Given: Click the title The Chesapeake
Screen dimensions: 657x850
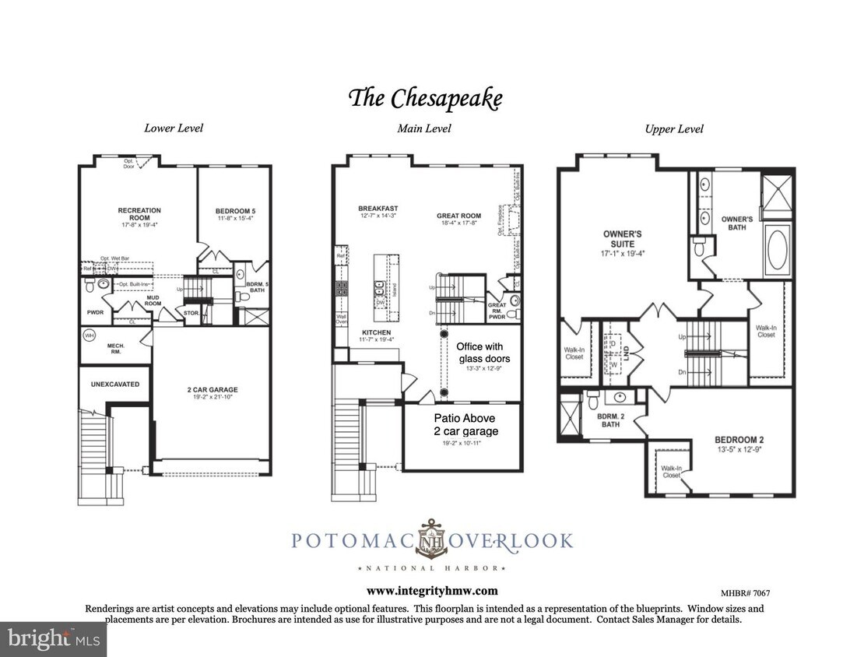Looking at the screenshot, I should pos(425,99).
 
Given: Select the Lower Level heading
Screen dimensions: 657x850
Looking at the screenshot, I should pos(174,128).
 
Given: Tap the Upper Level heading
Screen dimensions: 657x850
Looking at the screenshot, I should pos(674,129).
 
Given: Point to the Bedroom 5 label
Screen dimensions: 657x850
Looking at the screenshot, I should pos(233,210).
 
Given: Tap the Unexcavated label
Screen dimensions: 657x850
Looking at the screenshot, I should pos(114,384).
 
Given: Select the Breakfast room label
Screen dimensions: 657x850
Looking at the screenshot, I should pos(378,209).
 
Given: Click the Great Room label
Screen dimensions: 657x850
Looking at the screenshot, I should pos(461,216).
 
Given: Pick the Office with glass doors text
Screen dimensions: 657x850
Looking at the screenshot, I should pos(479,352).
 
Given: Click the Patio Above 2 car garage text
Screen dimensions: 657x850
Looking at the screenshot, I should pos(465,424).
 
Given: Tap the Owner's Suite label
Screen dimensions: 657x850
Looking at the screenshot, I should pos(622,237).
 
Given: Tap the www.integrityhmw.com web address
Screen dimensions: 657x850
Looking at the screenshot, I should pos(432,591).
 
